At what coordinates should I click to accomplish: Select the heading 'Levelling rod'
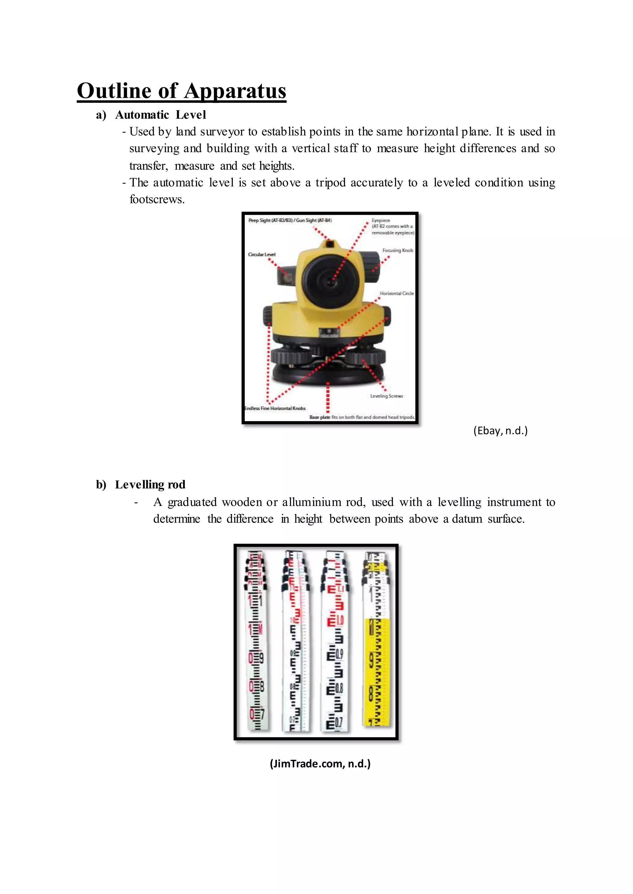tap(150, 484)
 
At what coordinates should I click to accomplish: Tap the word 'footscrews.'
tap(157, 199)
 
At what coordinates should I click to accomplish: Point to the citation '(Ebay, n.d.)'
tap(500, 431)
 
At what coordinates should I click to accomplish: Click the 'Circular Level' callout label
tap(261, 254)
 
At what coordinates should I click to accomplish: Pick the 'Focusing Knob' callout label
tap(397, 250)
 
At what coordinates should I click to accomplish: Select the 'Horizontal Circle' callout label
tap(397, 293)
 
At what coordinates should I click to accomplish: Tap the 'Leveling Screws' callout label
tap(386, 396)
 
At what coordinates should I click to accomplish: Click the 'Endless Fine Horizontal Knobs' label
tap(275, 408)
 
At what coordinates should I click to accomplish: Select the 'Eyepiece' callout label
tap(380, 220)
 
